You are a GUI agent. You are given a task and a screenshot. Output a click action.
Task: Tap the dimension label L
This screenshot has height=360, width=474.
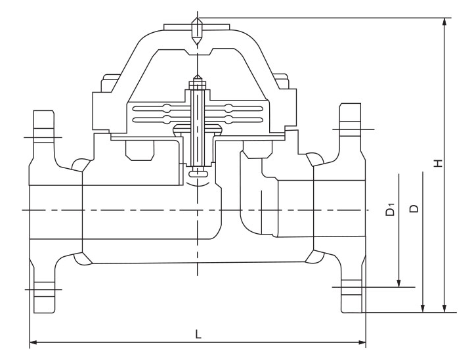[x=198, y=334]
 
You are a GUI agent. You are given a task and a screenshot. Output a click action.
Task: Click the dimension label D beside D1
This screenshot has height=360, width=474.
[x=414, y=209]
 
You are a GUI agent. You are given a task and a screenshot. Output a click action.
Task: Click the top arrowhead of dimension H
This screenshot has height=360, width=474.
[x=446, y=22]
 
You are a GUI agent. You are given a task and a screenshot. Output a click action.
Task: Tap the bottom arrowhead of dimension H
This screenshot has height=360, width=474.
[x=446, y=307]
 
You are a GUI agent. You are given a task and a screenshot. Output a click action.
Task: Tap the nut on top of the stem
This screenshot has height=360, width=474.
[x=197, y=85]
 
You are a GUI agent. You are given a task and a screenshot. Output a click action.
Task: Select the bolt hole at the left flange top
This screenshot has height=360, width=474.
[x=43, y=137]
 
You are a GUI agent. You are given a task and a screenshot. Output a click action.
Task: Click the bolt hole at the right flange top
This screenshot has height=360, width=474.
[x=351, y=131]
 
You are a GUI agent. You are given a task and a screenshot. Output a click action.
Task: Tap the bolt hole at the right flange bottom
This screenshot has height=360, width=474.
[x=351, y=286]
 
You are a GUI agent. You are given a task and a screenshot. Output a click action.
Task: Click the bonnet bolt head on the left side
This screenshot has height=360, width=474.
[x=109, y=85]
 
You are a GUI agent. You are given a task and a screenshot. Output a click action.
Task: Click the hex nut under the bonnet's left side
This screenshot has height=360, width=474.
[x=139, y=152]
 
